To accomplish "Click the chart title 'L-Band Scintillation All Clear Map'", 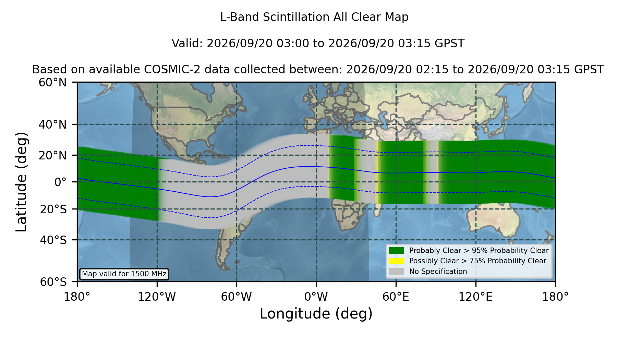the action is tap(314, 17).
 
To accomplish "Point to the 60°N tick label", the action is tap(52, 83).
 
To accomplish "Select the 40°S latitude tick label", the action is tap(53, 240).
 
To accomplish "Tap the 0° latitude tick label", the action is tap(60, 182).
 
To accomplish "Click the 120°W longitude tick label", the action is tap(157, 297).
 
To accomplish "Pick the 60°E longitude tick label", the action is tap(396, 297).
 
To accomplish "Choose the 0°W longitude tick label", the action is tap(316, 297).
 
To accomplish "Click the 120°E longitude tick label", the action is tap(475, 297).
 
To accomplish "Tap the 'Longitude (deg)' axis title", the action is tap(316, 314).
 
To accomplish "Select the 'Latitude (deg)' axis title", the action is tap(21, 182).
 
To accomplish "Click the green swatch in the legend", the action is tap(396, 250).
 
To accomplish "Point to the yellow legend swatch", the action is tap(396, 261).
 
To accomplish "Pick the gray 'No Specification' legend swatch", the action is tap(396, 272).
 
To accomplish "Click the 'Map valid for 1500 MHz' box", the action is tap(124, 274).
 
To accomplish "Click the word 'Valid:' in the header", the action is tap(187, 44).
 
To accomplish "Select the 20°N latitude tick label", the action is tap(52, 155).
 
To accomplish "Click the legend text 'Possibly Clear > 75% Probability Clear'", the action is tap(477, 261).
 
